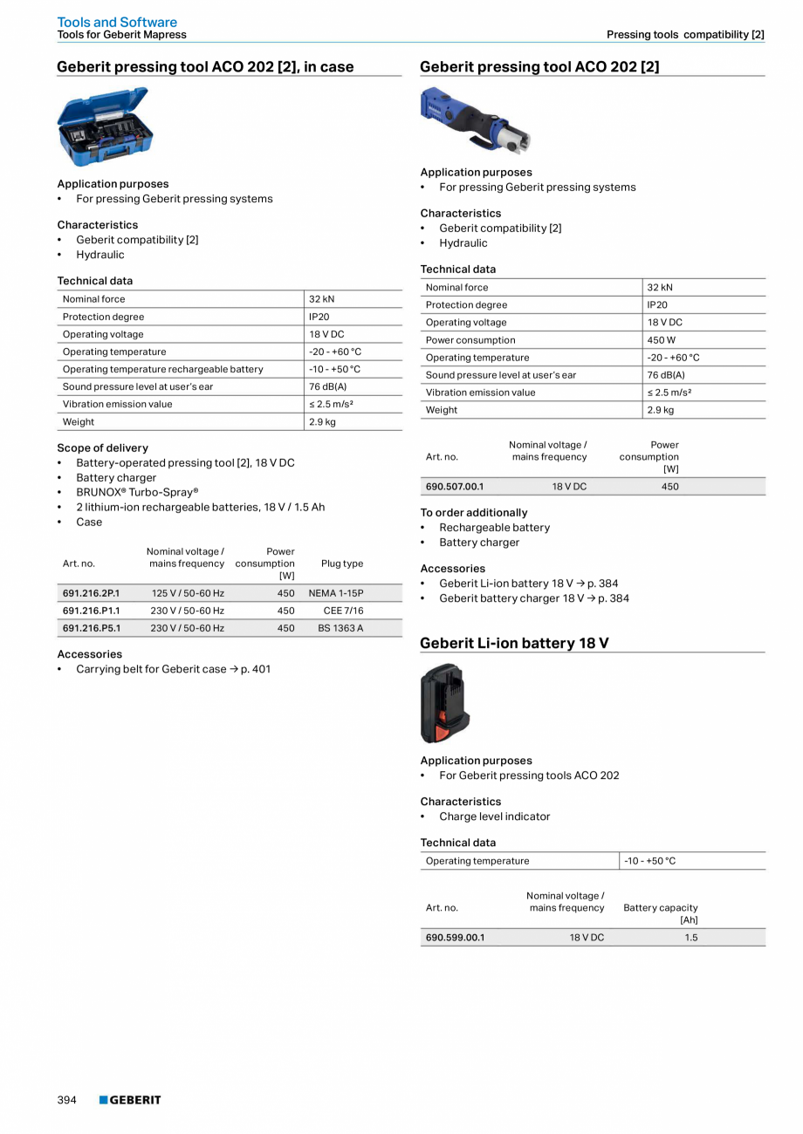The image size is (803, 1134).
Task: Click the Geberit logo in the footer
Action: [x=130, y=1100]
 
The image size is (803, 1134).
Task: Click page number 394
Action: [x=67, y=1100]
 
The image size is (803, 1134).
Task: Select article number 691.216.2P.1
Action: [x=91, y=593]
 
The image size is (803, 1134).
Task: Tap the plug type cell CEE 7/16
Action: [x=343, y=611]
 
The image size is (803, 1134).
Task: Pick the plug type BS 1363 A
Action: [x=340, y=628]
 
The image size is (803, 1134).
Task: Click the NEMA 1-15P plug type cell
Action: [x=336, y=593]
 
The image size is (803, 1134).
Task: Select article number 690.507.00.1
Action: [x=454, y=487]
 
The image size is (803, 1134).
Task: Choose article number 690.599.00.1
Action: [x=455, y=938]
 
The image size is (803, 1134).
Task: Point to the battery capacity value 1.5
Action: [x=690, y=938]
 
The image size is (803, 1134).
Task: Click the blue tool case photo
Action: [x=105, y=126]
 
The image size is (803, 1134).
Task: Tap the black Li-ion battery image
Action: [x=445, y=703]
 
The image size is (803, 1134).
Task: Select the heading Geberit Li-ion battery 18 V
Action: [x=514, y=643]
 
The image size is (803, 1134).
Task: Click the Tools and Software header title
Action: [x=117, y=22]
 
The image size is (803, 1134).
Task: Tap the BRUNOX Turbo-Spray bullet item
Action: [x=137, y=492]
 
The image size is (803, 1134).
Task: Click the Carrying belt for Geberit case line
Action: [x=173, y=669]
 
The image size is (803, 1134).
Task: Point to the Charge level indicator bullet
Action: [x=494, y=816]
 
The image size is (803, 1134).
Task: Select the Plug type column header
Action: [x=342, y=564]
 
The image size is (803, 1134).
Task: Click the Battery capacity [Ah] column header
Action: [x=661, y=913]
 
